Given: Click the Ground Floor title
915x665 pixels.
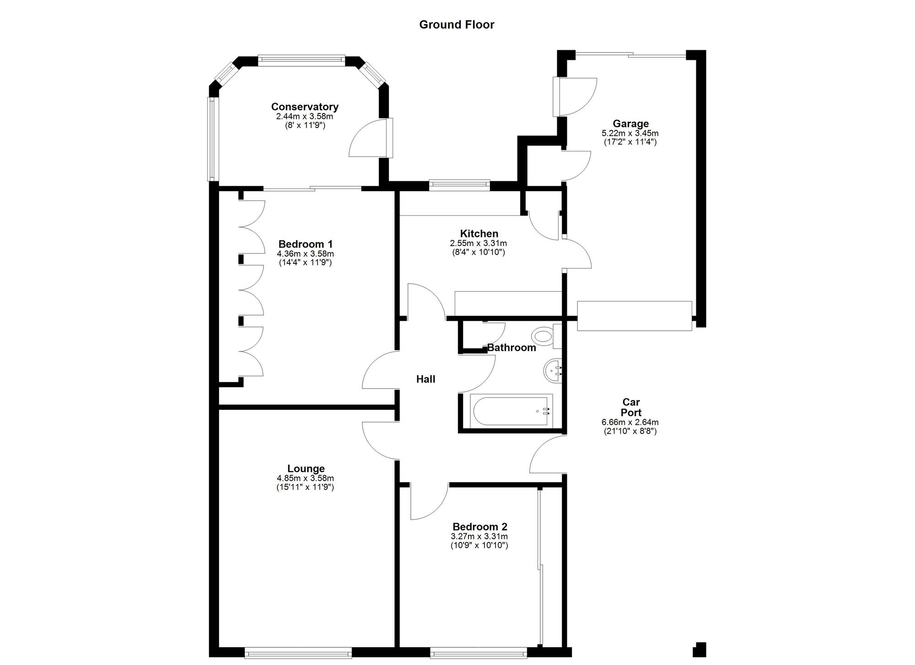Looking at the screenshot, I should tap(457, 25).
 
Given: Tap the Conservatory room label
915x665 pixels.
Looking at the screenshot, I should tap(305, 107).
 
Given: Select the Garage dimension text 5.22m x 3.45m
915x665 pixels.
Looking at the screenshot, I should tap(630, 133).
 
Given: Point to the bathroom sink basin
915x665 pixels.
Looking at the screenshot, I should tap(552, 370).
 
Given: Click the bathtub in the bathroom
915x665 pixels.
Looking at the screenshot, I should tap(511, 411).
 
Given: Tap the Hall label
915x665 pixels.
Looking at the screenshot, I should tap(425, 379).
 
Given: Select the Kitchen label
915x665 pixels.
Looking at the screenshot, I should tap(479, 233).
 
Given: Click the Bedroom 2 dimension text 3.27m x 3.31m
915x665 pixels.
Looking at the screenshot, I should tap(479, 536).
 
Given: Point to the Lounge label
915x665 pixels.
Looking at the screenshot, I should tap(306, 468).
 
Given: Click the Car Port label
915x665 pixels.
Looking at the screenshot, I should tap(630, 407).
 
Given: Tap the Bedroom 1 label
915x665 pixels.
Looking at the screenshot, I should tap(306, 244).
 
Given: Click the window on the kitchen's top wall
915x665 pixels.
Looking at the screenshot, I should tap(459, 185).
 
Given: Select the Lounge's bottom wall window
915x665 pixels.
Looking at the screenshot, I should tap(298, 653).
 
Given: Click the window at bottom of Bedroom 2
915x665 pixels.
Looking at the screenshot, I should tap(478, 653).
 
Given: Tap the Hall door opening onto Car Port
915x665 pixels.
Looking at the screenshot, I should tap(547, 455).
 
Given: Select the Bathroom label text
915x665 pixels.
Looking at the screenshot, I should tap(511, 348).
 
